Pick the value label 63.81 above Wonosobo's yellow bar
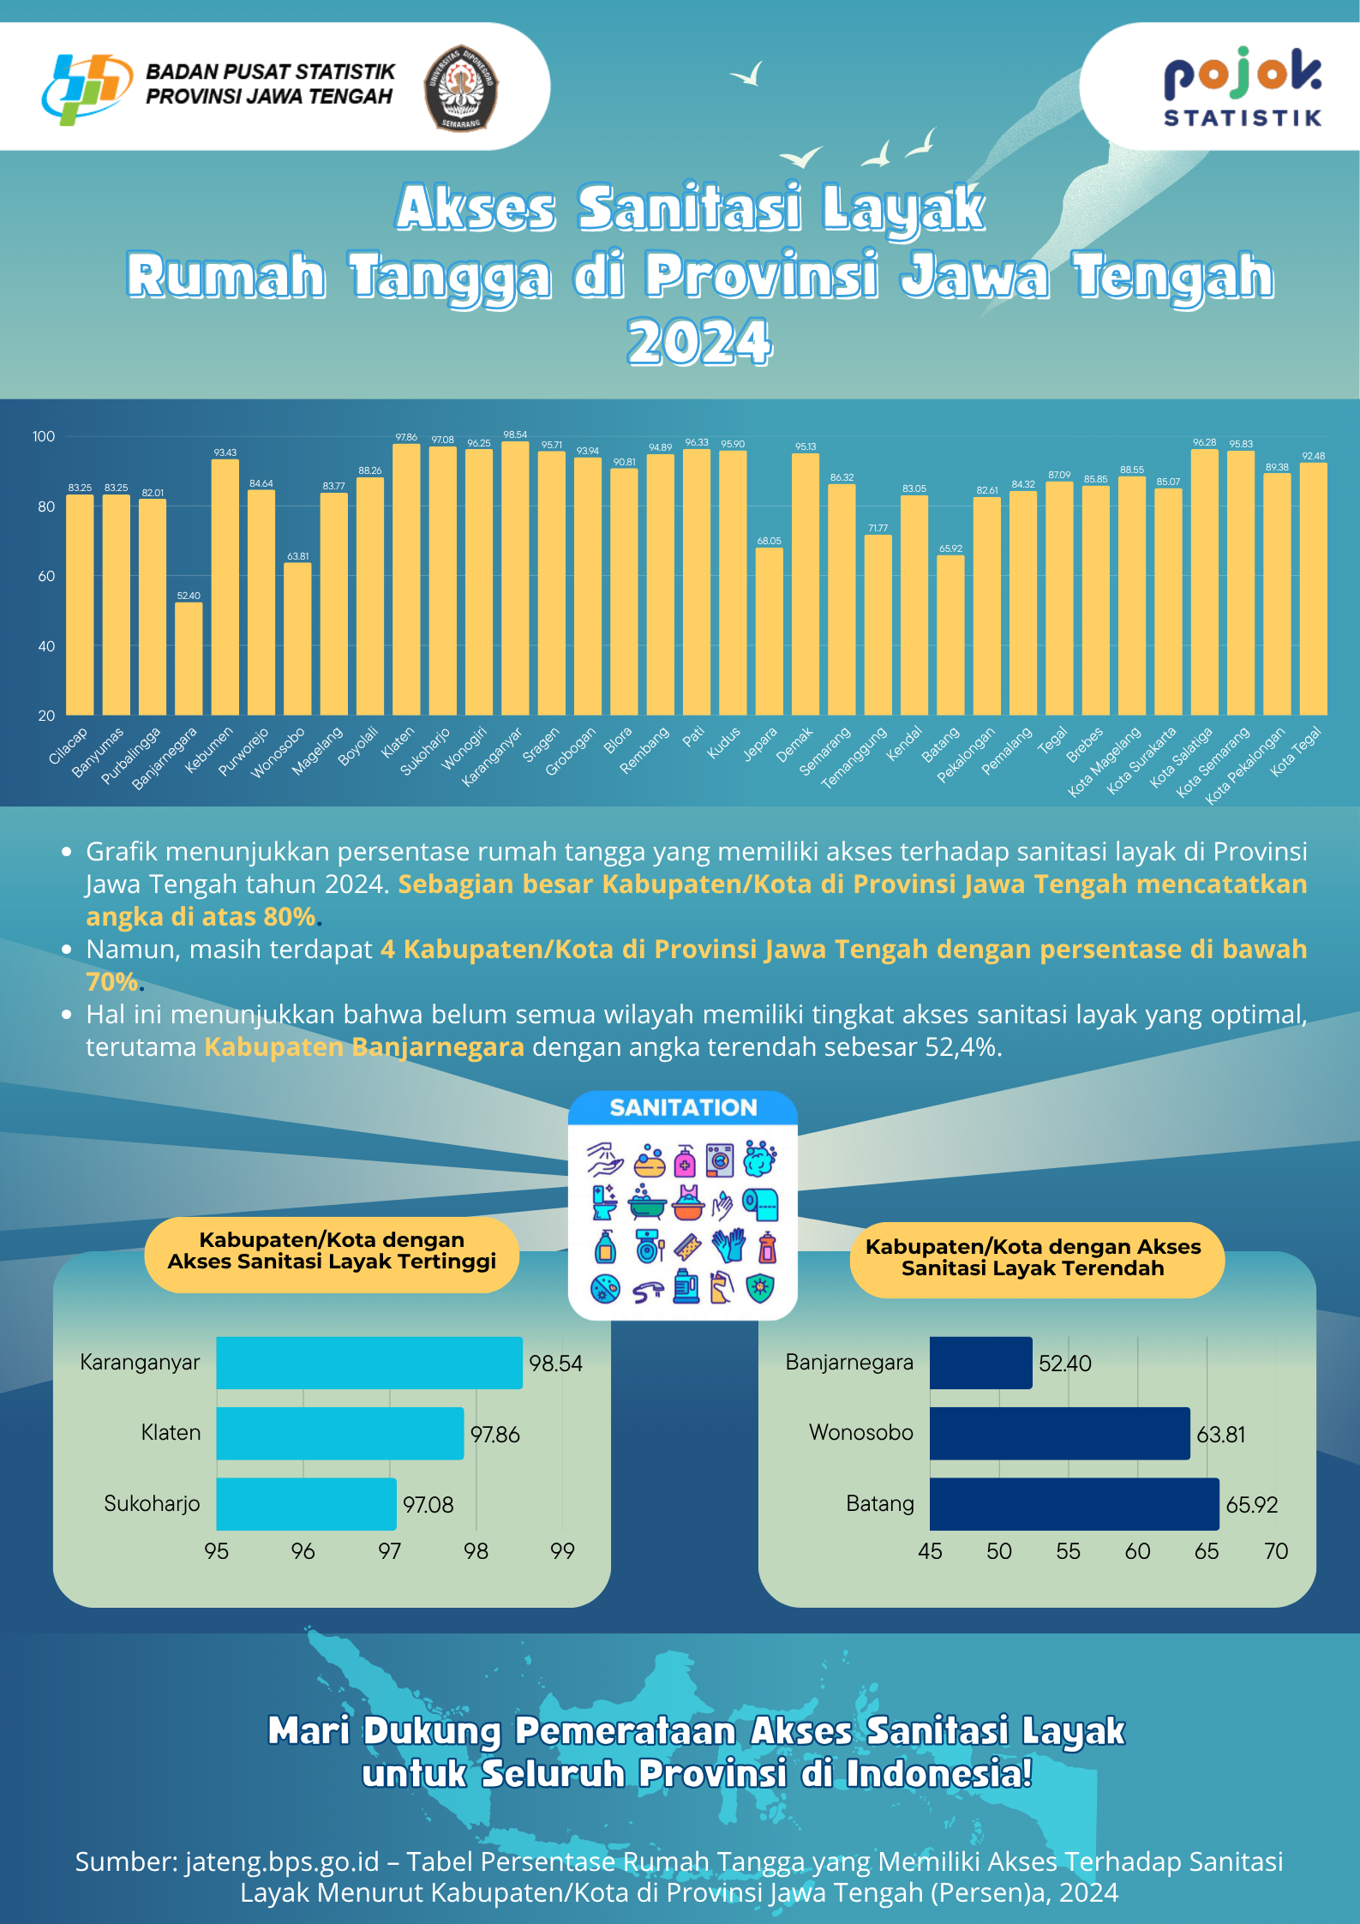[297, 556]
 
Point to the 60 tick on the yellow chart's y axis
[46, 576]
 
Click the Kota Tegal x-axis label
[1295, 752]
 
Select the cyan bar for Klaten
[339, 1433]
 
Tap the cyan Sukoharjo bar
[306, 1503]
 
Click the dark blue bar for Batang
[1074, 1503]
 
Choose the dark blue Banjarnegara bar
[980, 1363]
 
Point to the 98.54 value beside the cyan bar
[555, 1364]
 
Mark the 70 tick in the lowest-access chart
[1275, 1551]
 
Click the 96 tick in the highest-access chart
[303, 1551]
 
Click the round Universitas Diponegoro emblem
[461, 87]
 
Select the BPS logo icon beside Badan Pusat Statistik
[86, 87]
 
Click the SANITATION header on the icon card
[683, 1107]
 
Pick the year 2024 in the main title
[699, 342]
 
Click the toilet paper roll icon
[761, 1204]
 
